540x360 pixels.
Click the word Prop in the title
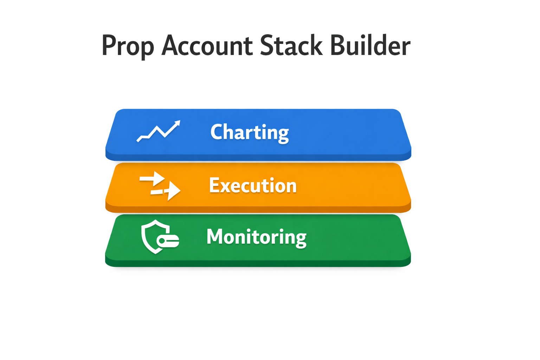pyautogui.click(x=128, y=46)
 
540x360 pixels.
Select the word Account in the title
pyautogui.click(x=207, y=46)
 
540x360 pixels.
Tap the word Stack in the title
pyautogui.click(x=291, y=45)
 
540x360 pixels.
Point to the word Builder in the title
pyautogui.click(x=370, y=45)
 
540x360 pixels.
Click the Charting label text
pyautogui.click(x=250, y=132)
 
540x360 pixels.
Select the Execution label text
pyautogui.click(x=253, y=185)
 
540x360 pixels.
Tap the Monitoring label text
pyautogui.click(x=256, y=237)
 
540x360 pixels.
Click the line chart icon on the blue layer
pyautogui.click(x=159, y=131)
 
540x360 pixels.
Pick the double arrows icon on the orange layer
pyautogui.click(x=160, y=186)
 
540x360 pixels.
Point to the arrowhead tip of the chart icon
pyautogui.click(x=179, y=122)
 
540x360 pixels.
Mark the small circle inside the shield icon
pyautogui.click(x=162, y=241)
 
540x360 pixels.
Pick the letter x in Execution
pyautogui.click(x=228, y=186)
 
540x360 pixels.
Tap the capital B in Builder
pyautogui.click(x=338, y=45)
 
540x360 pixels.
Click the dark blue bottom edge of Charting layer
pyautogui.click(x=258, y=157)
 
